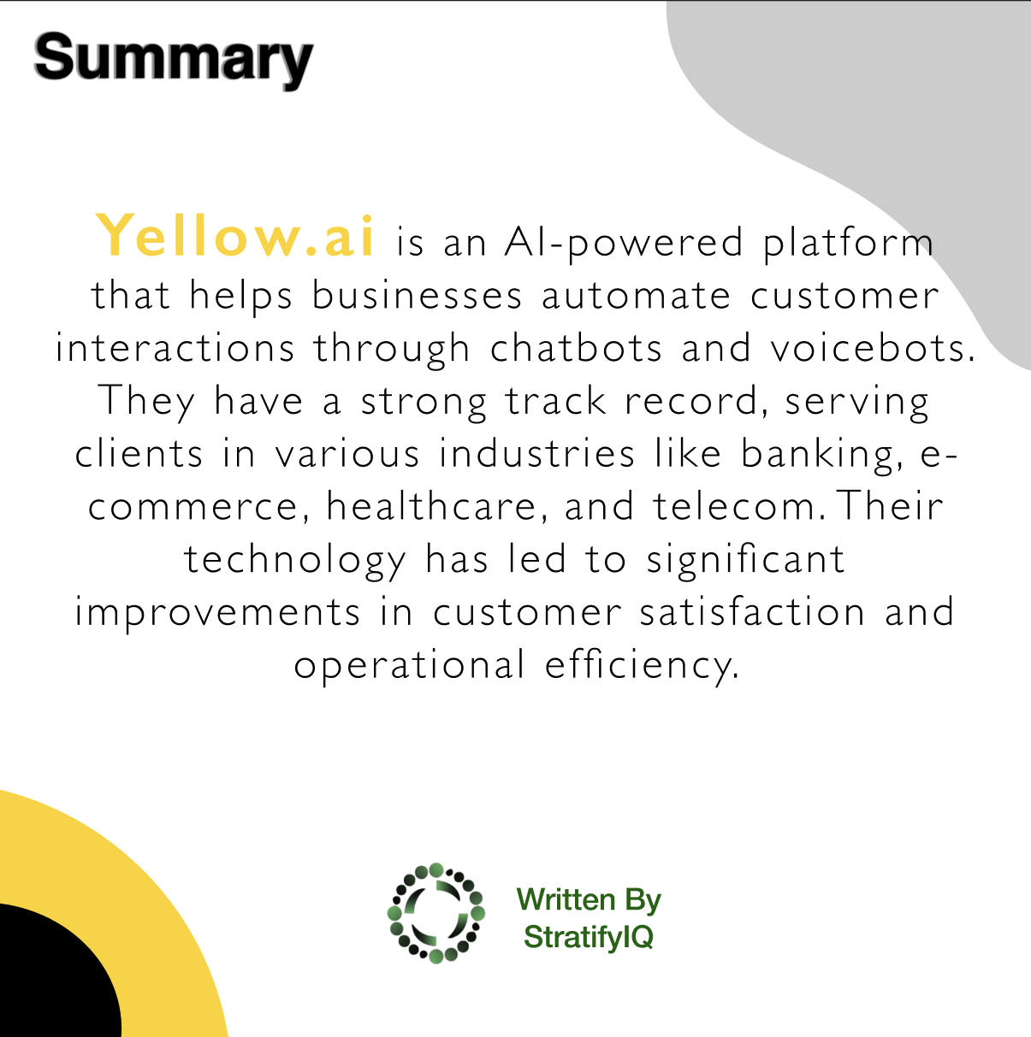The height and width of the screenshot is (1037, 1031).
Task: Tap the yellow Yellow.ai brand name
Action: click(234, 236)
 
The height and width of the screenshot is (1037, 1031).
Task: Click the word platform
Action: click(849, 244)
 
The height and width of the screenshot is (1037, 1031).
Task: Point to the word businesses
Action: click(417, 296)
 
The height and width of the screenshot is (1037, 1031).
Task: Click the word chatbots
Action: click(576, 348)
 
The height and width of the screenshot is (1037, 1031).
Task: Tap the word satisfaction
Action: click(753, 612)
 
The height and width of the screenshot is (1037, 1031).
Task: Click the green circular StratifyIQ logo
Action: click(436, 913)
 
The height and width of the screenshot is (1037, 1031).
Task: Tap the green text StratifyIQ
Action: click(589, 937)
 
